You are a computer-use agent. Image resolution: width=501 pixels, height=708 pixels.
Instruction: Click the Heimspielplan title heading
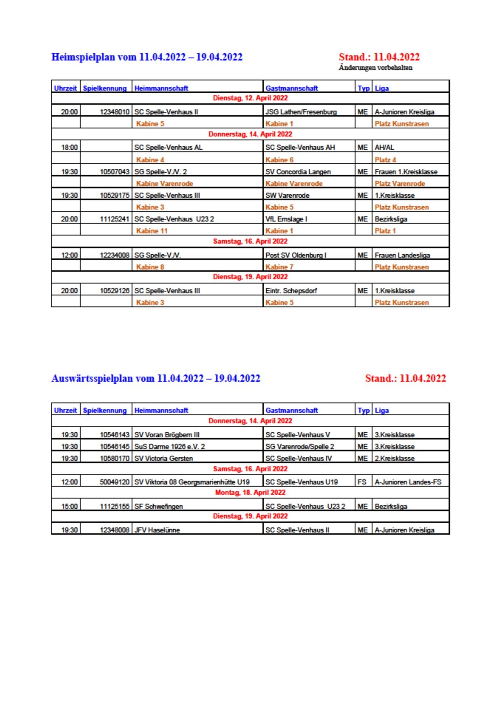[147, 57]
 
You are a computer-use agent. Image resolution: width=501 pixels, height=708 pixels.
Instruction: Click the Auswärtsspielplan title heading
[156, 378]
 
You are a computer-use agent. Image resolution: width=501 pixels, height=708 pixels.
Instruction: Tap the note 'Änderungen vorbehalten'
[375, 68]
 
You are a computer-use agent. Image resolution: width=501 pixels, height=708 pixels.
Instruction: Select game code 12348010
[114, 112]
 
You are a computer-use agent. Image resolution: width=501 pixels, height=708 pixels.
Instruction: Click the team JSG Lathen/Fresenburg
[301, 112]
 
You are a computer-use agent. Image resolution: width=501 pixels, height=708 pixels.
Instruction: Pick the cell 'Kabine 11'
[152, 231]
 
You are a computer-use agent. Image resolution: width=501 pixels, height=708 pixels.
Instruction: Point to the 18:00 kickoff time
[69, 147]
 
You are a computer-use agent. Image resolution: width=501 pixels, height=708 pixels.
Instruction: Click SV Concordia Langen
[298, 172]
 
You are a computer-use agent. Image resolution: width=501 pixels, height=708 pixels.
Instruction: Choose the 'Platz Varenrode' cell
[400, 184]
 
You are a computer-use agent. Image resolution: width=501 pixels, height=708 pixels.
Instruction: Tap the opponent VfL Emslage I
[286, 219]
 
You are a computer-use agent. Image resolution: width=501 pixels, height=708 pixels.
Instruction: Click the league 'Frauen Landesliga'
[402, 255]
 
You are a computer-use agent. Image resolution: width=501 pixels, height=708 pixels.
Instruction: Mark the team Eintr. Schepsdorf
[291, 291]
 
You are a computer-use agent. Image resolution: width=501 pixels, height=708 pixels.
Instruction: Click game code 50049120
[114, 482]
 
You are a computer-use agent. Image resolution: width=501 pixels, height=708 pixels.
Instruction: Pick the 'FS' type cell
[362, 482]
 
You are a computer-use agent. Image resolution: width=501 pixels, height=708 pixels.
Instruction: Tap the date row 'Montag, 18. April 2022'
[250, 492]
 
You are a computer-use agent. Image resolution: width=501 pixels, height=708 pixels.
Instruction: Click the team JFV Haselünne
[157, 530]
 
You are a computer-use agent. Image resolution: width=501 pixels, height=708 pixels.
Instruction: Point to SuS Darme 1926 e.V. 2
[169, 446]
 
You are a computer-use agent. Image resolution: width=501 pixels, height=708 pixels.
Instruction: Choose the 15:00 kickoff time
[69, 506]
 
